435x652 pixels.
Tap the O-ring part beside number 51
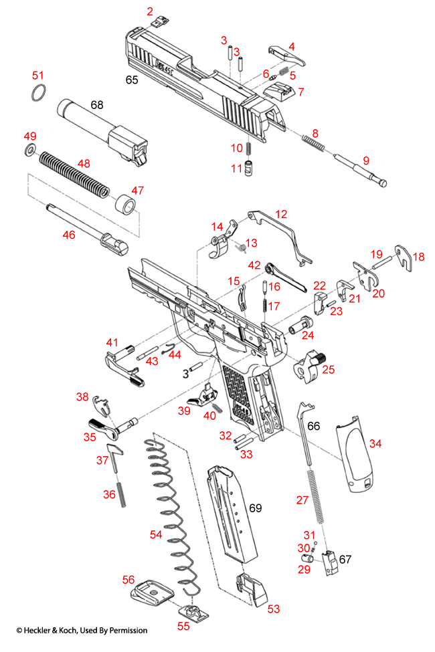click(x=39, y=94)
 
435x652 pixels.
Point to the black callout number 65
click(x=132, y=80)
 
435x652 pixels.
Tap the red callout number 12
click(x=280, y=215)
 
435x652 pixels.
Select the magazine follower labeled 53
click(x=251, y=591)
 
